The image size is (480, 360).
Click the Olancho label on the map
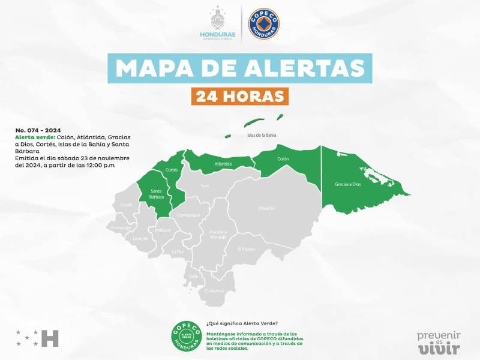pos(267,208)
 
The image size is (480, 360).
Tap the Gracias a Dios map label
pos(347,184)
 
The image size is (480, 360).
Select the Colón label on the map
pos(283,159)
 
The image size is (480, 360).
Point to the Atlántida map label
pos(223,163)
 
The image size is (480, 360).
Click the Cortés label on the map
pos(172,170)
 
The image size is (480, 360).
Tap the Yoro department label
pos(205,185)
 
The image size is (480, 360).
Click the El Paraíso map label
pos(247,248)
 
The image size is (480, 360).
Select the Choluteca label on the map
pos(214,290)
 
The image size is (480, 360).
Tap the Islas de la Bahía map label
pos(262,135)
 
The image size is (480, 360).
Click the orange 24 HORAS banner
pos(239,96)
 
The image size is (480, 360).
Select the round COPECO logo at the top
pos(265,23)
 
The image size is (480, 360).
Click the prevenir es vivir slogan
pos(439,342)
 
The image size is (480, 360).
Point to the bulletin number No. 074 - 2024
pos(38,130)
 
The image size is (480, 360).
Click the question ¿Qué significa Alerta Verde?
pos(242,323)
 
